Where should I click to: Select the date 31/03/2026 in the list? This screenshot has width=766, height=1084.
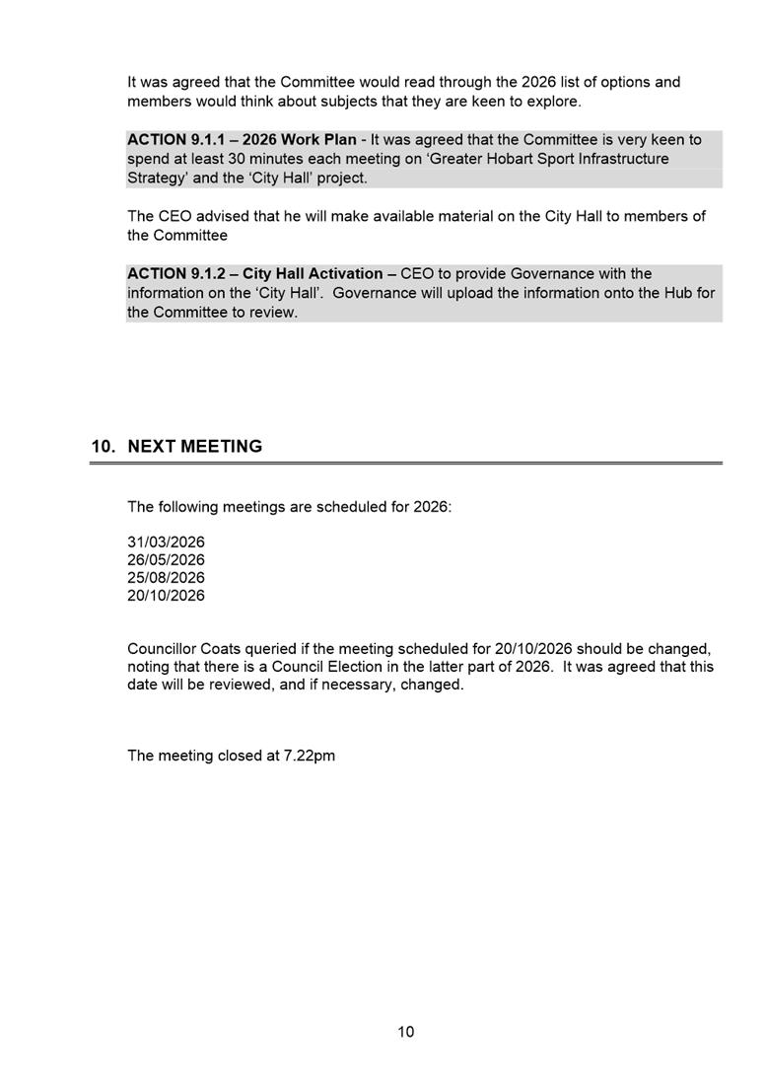point(166,542)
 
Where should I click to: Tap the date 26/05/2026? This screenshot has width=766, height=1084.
point(166,560)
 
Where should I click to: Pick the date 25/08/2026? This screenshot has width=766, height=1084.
point(166,578)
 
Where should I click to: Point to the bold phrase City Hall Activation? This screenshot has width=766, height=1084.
point(313,273)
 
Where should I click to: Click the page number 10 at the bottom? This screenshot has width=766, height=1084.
point(406,1033)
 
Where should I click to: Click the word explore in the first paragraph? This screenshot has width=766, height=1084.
point(553,101)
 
